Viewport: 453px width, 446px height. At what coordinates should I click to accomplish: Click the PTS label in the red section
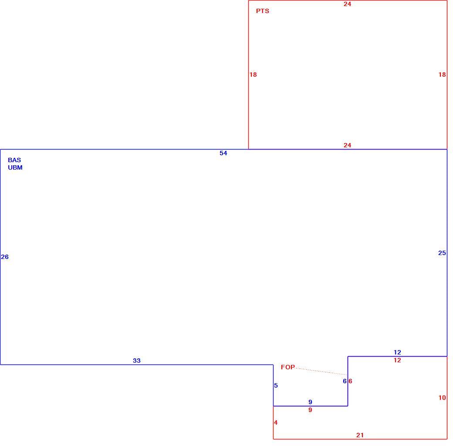click(x=262, y=11)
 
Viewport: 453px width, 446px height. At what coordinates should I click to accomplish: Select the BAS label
click(x=14, y=160)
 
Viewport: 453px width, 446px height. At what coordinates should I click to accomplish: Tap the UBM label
click(x=15, y=167)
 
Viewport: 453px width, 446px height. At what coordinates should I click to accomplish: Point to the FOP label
click(x=288, y=367)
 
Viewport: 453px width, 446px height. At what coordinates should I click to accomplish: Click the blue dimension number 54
click(x=223, y=153)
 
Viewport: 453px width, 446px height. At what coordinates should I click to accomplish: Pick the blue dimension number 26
click(x=5, y=257)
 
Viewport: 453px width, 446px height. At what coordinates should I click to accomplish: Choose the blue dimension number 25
click(x=442, y=253)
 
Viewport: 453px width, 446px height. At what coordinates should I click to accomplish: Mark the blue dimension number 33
click(x=137, y=361)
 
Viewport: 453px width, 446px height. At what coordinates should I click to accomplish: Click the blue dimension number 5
click(x=276, y=385)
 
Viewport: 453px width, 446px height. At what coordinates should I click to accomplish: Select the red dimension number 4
click(x=276, y=422)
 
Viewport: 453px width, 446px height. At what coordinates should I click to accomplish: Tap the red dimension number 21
click(x=360, y=435)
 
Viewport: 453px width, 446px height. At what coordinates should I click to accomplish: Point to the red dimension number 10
click(x=442, y=398)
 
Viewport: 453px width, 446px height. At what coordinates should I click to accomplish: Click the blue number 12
click(x=397, y=352)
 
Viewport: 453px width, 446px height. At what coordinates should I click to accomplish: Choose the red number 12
click(x=397, y=360)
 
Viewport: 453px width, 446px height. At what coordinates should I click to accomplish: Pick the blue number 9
click(x=310, y=402)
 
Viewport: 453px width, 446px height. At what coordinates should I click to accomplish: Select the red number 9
click(x=310, y=410)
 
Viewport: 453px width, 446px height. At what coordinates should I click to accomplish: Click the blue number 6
click(x=345, y=381)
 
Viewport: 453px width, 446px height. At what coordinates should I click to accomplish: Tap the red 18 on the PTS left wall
click(x=253, y=75)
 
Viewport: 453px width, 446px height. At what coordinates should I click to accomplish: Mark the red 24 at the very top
click(x=347, y=4)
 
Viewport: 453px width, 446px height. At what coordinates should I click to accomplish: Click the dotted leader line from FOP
click(x=321, y=371)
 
